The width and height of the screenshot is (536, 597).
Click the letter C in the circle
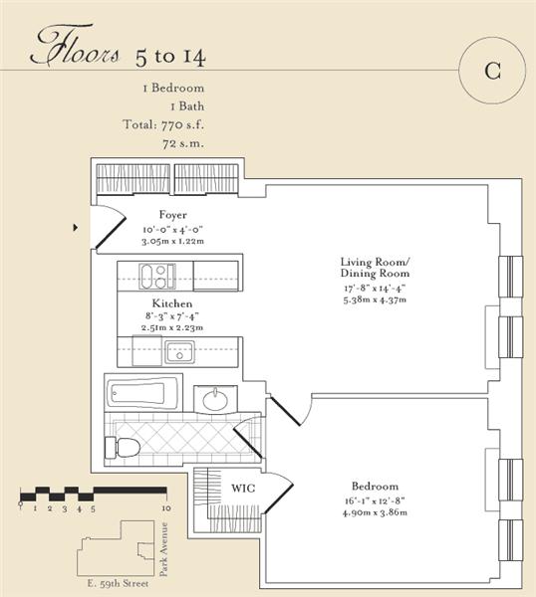tap(492, 70)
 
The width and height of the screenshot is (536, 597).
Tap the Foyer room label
tap(173, 215)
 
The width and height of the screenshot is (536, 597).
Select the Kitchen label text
tap(172, 303)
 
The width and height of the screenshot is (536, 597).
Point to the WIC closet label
tap(243, 489)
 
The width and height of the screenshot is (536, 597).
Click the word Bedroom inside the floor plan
tap(375, 487)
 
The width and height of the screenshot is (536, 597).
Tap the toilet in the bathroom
tap(122, 448)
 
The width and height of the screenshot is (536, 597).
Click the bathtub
tap(142, 392)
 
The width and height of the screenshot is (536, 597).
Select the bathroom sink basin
tap(215, 400)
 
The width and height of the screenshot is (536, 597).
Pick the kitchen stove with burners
tap(157, 276)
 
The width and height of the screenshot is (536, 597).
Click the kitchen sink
tap(179, 352)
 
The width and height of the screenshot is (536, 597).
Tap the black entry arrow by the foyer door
tap(76, 228)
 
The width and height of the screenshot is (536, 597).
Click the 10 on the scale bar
tap(166, 508)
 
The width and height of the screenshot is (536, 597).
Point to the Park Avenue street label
tap(164, 549)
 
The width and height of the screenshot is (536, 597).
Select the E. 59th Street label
tap(118, 583)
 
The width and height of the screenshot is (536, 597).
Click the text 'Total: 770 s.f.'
tap(163, 124)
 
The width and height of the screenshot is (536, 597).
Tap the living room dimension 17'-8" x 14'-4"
tap(375, 288)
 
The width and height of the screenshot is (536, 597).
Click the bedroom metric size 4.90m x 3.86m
tap(375, 512)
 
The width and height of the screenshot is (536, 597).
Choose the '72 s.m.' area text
tap(183, 143)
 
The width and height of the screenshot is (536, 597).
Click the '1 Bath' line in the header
tap(187, 106)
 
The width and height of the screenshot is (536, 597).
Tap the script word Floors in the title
tap(75, 47)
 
